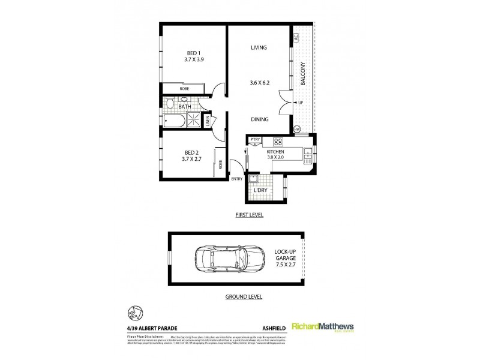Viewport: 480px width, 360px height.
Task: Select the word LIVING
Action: click(259, 47)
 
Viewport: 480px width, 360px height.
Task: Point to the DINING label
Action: click(259, 119)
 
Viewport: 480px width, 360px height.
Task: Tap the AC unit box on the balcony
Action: click(296, 37)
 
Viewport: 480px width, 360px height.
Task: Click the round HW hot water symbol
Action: click(296, 129)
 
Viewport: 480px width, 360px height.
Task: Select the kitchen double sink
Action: click(307, 155)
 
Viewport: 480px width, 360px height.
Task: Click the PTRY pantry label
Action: click(255, 140)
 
